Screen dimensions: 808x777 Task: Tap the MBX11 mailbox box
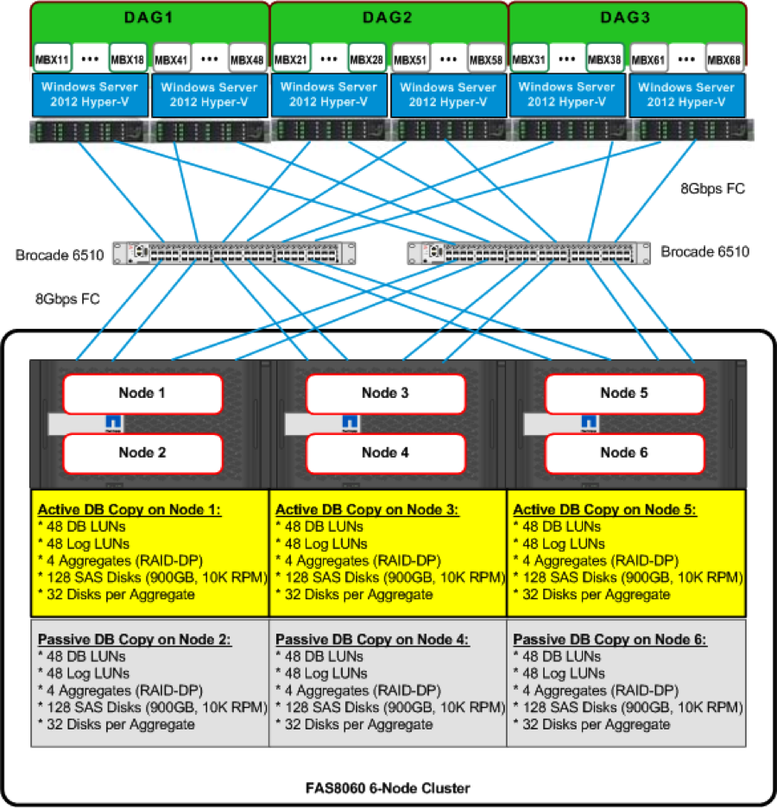[x=50, y=60]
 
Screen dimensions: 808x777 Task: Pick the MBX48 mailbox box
[x=246, y=60]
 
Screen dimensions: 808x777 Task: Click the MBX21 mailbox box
[x=289, y=60]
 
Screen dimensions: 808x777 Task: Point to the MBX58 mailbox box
[x=485, y=60]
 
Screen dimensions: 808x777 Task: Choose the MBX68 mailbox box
[x=723, y=60]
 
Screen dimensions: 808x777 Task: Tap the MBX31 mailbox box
[x=527, y=60]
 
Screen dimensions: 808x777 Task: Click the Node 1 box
[x=142, y=394]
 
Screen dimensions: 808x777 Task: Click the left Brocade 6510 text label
[x=60, y=256]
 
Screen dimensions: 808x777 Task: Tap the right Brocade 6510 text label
[x=705, y=252]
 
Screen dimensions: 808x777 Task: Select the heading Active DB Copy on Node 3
[x=368, y=509]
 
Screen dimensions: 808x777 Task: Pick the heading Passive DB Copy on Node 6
[x=610, y=640]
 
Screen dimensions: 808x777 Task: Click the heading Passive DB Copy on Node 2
[x=129, y=640]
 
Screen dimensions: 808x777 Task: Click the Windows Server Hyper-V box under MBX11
[x=90, y=95]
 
